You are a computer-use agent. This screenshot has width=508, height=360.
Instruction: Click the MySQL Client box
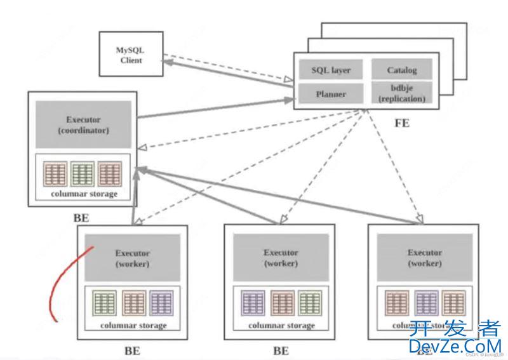pos(130,55)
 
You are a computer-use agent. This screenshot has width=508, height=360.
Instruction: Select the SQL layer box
pos(331,70)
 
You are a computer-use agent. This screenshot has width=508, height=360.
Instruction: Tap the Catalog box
pos(401,70)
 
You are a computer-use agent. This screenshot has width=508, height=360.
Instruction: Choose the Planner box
pos(331,94)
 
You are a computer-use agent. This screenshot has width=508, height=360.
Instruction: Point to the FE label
pos(401,123)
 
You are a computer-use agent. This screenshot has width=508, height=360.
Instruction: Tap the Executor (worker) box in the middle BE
pos(281,257)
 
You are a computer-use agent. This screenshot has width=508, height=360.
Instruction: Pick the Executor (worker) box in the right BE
pos(425,257)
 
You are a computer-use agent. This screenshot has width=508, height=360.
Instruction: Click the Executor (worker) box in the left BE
pos(132,257)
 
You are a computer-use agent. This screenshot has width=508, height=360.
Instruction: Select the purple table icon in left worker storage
pos(161,303)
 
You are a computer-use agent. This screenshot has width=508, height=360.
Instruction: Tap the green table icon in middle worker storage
pos(309,303)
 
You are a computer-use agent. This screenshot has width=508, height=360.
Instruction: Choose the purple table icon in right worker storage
pos(425,303)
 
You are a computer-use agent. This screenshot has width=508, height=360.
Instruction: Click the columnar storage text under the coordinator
pos(84,194)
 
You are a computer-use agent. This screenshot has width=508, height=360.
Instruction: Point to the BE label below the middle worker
pos(281,350)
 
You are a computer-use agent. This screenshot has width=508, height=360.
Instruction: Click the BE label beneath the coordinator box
pos(81,218)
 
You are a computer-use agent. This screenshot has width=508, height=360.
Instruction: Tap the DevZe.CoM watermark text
pos(455,346)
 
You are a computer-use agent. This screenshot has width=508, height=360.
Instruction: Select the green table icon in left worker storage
pos(104,303)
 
